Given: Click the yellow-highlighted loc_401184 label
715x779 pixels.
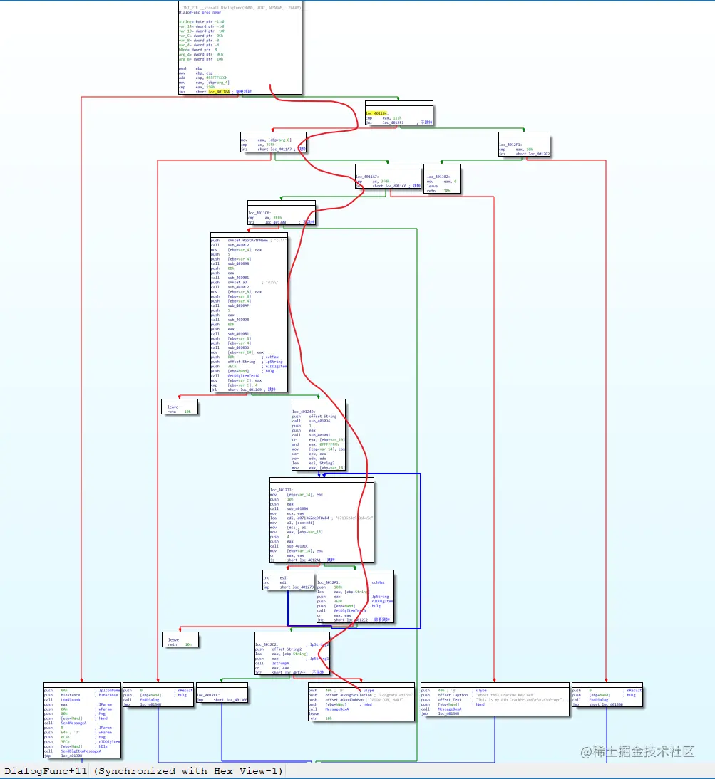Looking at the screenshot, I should pyautogui.click(x=377, y=113).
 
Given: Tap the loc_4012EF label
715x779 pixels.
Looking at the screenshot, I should pyautogui.click(x=208, y=695).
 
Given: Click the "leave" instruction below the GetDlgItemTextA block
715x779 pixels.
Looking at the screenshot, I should pyautogui.click(x=173, y=407).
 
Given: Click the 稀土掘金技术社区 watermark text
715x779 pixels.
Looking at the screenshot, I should pyautogui.click(x=642, y=751).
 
